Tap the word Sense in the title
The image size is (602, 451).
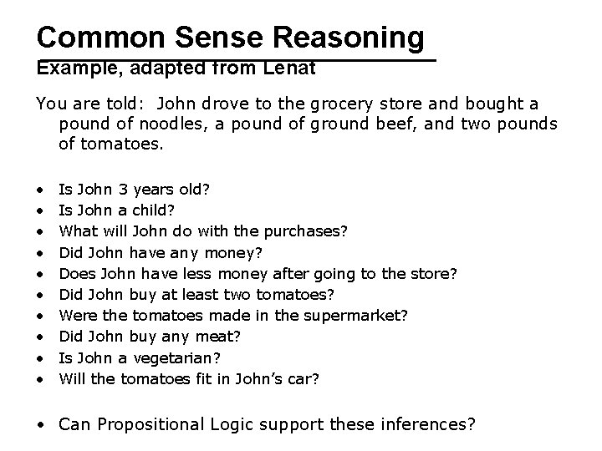pos(213,37)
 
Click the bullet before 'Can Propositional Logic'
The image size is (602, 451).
pos(40,424)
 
